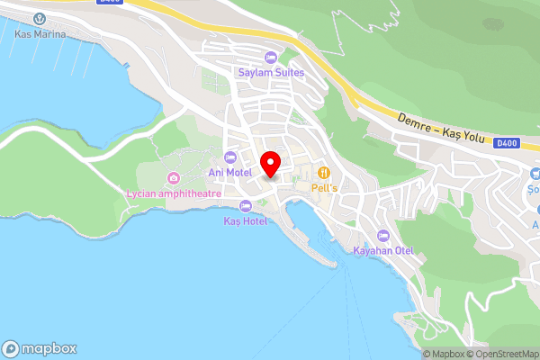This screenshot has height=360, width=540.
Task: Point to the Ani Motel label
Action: [x=229, y=173]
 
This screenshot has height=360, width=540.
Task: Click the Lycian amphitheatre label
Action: [x=173, y=193]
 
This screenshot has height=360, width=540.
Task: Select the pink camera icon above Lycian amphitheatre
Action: [x=173, y=177]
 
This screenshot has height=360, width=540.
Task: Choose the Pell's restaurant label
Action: [x=324, y=187]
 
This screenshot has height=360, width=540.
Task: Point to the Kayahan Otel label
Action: [x=382, y=250]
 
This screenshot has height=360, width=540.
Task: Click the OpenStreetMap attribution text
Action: [x=503, y=354]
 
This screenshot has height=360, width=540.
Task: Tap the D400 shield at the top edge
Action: [x=110, y=3]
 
